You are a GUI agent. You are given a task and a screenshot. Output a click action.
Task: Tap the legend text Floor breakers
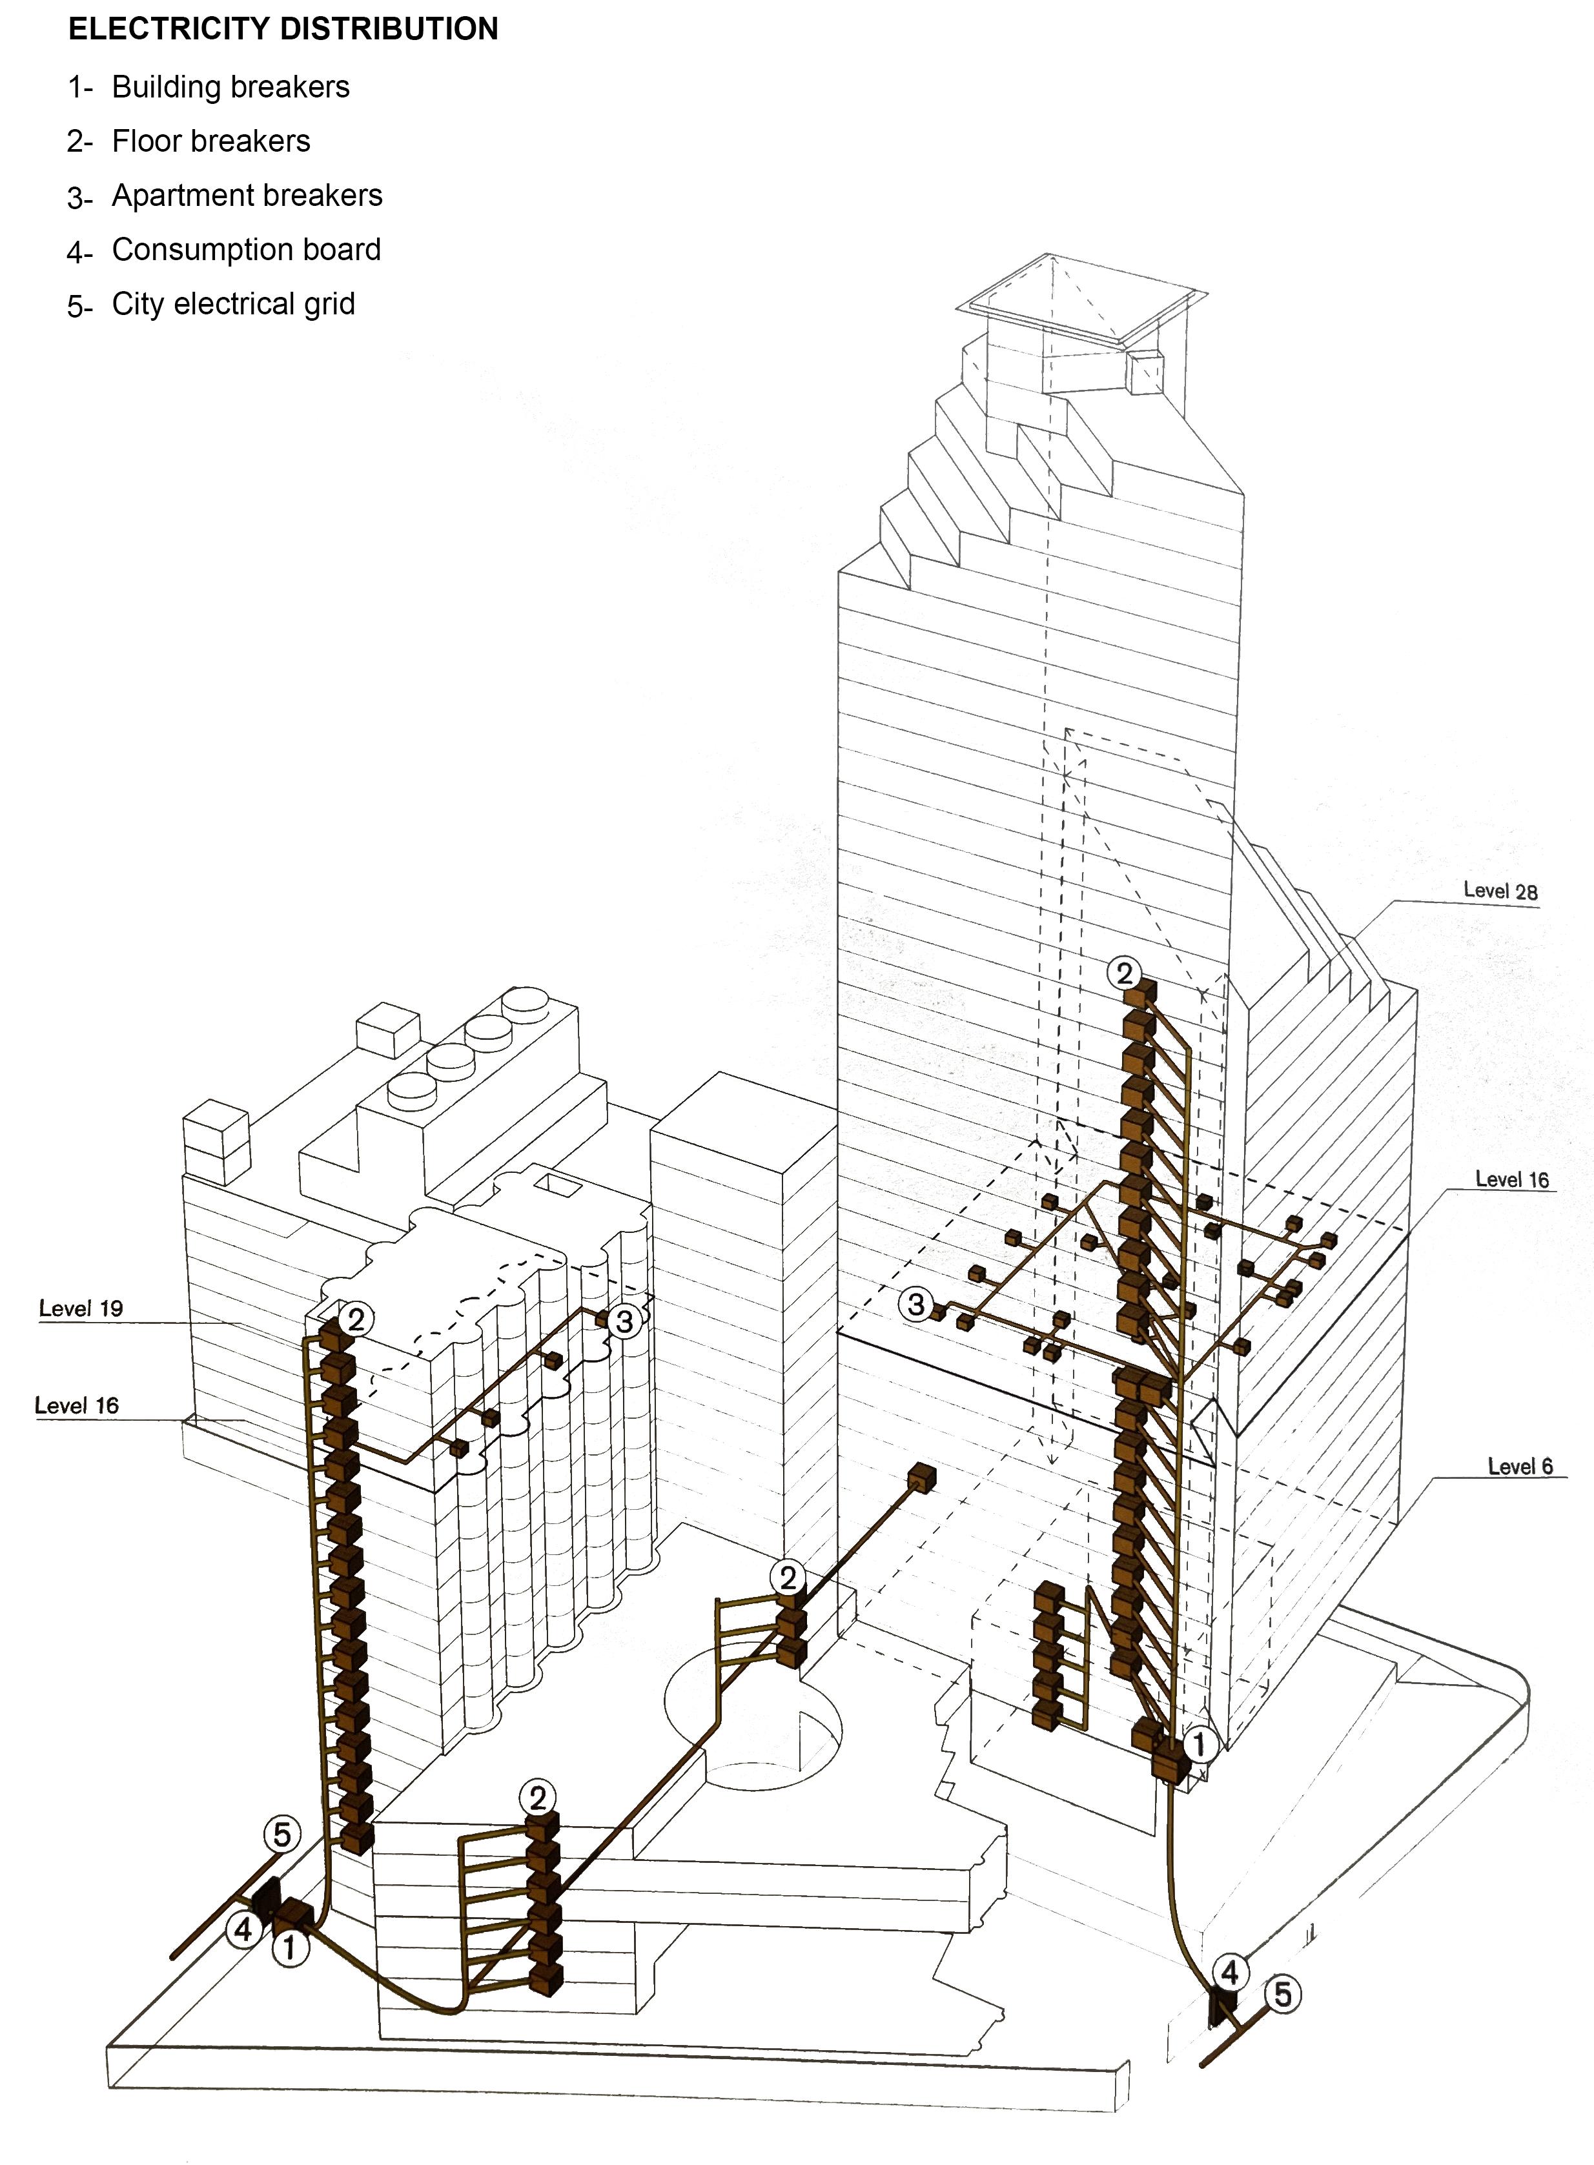(211, 141)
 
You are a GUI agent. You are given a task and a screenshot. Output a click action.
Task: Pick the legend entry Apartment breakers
(247, 195)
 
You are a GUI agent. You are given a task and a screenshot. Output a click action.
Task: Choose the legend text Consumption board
(246, 249)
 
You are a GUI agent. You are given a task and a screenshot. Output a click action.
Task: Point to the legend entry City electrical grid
(234, 304)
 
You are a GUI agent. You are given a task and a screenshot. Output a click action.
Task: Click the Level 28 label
(1500, 891)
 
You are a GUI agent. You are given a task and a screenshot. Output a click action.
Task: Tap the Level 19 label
(81, 1308)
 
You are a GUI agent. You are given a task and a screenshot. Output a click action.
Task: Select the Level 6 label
(1520, 1467)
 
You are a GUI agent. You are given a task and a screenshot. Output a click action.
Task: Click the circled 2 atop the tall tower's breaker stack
(1123, 973)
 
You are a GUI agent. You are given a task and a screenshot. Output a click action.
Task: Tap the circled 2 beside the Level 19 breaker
(356, 1319)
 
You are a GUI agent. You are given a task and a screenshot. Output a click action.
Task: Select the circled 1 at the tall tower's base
(1200, 1743)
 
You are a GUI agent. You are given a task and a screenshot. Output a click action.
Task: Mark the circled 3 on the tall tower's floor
(915, 1305)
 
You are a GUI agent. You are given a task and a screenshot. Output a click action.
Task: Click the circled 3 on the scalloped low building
(624, 1321)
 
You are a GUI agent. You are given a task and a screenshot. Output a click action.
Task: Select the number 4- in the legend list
(79, 252)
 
